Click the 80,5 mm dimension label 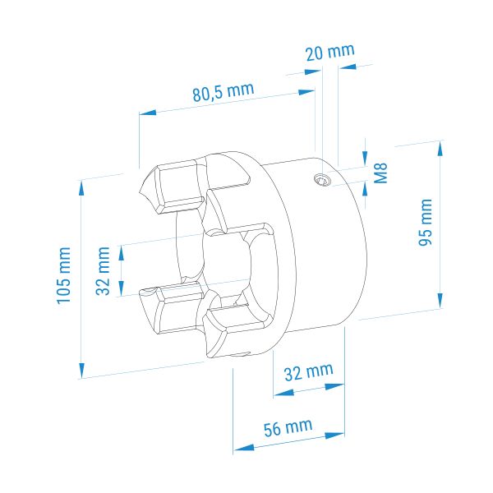pyautogui.click(x=223, y=92)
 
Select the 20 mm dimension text pyautogui.click(x=330, y=53)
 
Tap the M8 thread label pyautogui.click(x=380, y=173)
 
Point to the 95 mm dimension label pyautogui.click(x=426, y=222)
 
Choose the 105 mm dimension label pyautogui.click(x=64, y=275)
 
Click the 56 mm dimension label pyautogui.click(x=288, y=428)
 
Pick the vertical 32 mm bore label pyautogui.click(x=103, y=270)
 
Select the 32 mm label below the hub pyautogui.click(x=308, y=372)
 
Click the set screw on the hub pyautogui.click(x=323, y=180)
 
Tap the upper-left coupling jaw pyautogui.click(x=173, y=187)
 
